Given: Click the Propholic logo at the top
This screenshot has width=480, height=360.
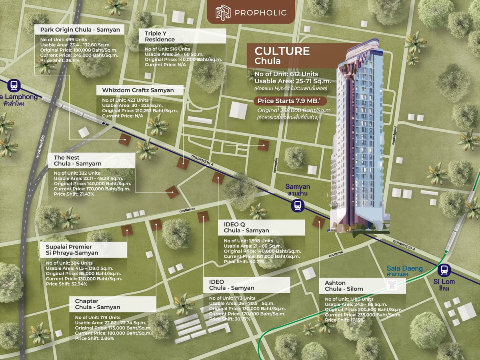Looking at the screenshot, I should tap(251, 12).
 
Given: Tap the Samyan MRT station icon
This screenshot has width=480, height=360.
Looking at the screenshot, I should tap(298, 206).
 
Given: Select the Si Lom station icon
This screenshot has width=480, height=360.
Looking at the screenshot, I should tap(444, 271).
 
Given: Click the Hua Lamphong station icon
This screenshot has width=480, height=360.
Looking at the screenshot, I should tap(14, 85).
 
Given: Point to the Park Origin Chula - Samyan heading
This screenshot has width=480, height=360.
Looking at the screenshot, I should tap(80, 30).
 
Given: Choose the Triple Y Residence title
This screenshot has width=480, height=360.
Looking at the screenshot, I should tap(160, 36).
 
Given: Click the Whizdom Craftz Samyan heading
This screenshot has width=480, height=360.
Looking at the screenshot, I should tap(138, 90).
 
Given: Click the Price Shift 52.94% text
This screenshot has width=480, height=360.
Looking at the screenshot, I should tap(66, 284).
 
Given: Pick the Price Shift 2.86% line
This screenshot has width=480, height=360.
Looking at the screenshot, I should tap(94, 338).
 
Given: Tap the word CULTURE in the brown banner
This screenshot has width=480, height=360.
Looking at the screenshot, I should tap(282, 52).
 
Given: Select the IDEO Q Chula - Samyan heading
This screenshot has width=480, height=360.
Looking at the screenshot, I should tap(246, 227).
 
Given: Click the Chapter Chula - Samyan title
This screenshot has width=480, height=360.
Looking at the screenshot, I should tap(98, 304).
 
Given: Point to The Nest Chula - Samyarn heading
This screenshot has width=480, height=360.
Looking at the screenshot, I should tap(78, 161).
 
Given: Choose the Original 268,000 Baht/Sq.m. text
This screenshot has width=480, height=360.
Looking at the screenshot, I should tap(294, 110).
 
